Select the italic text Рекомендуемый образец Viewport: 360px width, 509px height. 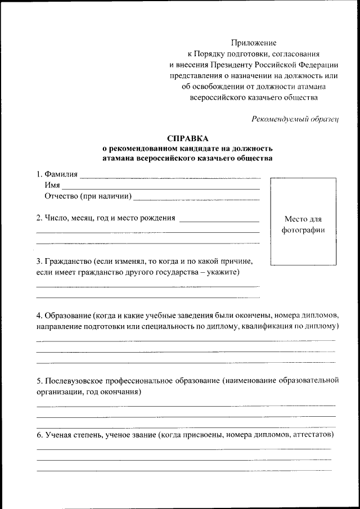click(295, 119)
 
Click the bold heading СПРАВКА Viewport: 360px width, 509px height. click(187, 138)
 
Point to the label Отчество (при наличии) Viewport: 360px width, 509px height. click(88, 196)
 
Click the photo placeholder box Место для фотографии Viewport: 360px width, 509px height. click(303, 222)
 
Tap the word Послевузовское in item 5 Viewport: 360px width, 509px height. click(74, 381)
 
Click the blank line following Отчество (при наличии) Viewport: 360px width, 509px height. click(197, 199)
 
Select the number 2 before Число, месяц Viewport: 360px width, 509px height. click(38, 218)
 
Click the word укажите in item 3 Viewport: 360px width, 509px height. click(223, 273)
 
